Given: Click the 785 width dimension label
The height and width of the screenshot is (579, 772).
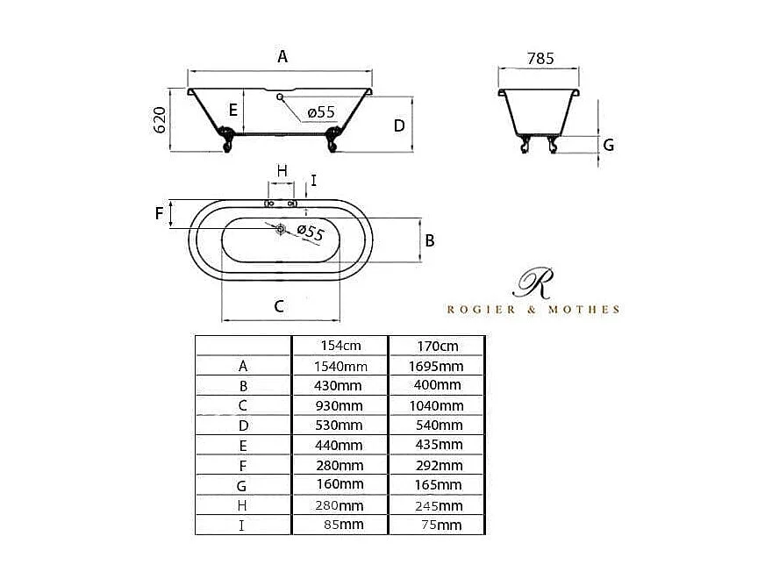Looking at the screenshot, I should [540, 58].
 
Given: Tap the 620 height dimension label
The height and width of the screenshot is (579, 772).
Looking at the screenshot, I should [160, 119].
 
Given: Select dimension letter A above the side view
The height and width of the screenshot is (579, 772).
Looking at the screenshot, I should [282, 56].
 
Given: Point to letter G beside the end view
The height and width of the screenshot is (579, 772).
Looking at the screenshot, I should [608, 145].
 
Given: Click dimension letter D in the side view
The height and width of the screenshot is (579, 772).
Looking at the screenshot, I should [399, 125].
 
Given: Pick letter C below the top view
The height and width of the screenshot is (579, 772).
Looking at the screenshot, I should [279, 306].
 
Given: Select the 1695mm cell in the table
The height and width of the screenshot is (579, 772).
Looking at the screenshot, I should [437, 366].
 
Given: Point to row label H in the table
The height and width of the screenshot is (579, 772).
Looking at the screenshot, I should [243, 505].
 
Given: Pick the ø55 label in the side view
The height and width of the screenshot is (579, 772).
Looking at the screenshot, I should [321, 112].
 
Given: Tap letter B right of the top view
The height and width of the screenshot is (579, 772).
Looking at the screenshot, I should [430, 239].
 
